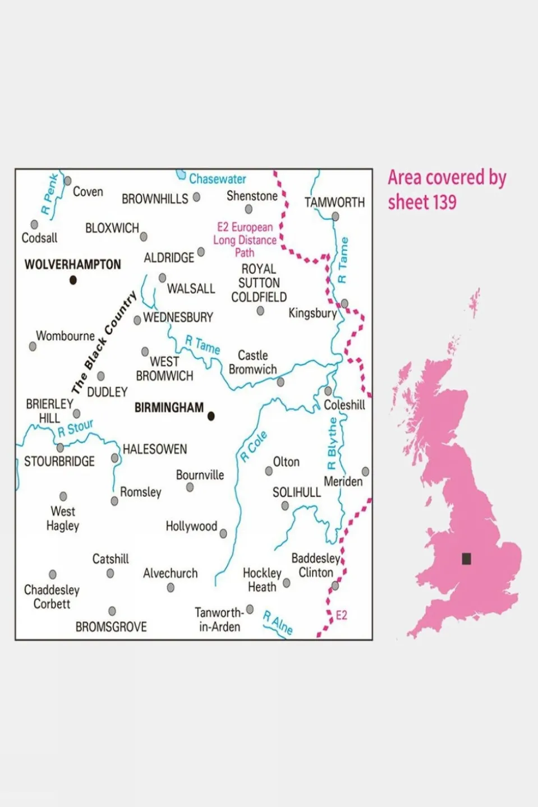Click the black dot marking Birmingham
(x=211, y=416)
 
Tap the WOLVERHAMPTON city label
(x=72, y=265)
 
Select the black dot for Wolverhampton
(x=73, y=280)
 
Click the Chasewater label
(x=217, y=179)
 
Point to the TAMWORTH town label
(x=334, y=202)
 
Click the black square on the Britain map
(x=466, y=559)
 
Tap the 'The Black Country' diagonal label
(x=104, y=342)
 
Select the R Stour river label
(x=75, y=428)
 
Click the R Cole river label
(x=254, y=446)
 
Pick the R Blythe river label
(x=332, y=444)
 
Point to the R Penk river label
(x=50, y=194)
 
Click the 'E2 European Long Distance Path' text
(x=245, y=240)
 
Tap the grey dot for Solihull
(x=285, y=506)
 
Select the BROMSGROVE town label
(x=111, y=627)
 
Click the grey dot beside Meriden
(x=365, y=472)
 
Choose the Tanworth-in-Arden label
(x=219, y=620)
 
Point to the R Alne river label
(x=278, y=623)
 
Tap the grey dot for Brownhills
(x=196, y=197)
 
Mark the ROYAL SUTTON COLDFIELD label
(x=259, y=283)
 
